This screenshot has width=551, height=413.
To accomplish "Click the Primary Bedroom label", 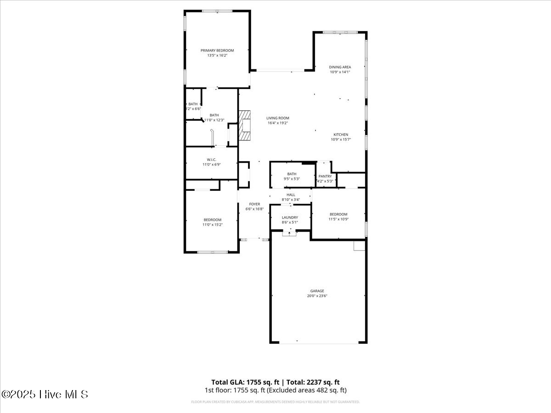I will coord(217,50).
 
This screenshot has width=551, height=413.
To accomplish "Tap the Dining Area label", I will coord(340,67).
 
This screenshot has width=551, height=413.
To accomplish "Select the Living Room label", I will coord(278,118).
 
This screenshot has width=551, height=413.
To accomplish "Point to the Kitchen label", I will coord(341,134).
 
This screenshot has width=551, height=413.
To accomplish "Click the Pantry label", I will coord(325,176).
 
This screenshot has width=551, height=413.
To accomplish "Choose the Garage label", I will coord(317,291).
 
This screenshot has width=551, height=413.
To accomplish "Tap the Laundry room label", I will coord(290,218).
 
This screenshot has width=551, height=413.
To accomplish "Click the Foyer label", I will coord(254,204).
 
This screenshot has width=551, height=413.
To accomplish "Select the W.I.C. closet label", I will coord(211,160).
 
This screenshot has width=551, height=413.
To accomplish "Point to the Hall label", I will coord(291,195).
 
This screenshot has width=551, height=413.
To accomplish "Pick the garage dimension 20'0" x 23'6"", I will coord(317,296).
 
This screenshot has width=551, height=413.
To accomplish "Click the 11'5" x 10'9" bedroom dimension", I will coord(338,219).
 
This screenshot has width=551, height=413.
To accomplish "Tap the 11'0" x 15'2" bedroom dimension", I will coord(213,224).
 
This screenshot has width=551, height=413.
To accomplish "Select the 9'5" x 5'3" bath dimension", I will coord(292,179).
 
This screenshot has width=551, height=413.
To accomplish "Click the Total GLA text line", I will coord(275,382).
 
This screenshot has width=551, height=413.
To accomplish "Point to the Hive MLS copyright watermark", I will coord(45,394).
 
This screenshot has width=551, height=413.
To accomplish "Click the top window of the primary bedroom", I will coord(217,11).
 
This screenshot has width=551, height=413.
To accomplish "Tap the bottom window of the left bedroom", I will coord(213,251).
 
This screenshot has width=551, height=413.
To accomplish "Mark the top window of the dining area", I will coord(340,32).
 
